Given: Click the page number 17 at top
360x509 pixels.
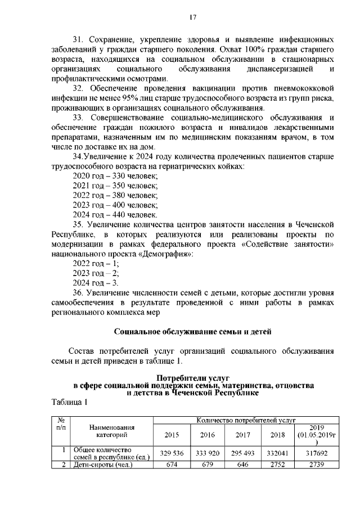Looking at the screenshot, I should (192, 19).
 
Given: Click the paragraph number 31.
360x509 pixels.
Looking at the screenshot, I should (79, 40).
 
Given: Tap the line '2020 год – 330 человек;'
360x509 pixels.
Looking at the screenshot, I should (115, 176).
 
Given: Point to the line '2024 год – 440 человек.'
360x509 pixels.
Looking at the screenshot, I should (115, 214).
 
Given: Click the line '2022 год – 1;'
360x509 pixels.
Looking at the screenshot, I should (96, 263).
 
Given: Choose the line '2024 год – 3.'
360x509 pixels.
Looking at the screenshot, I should (96, 282).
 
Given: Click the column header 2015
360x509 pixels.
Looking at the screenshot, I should (172, 435).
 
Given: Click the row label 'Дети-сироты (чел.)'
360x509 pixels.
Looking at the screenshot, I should (103, 465).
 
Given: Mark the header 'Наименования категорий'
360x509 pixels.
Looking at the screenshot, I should (112, 431).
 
